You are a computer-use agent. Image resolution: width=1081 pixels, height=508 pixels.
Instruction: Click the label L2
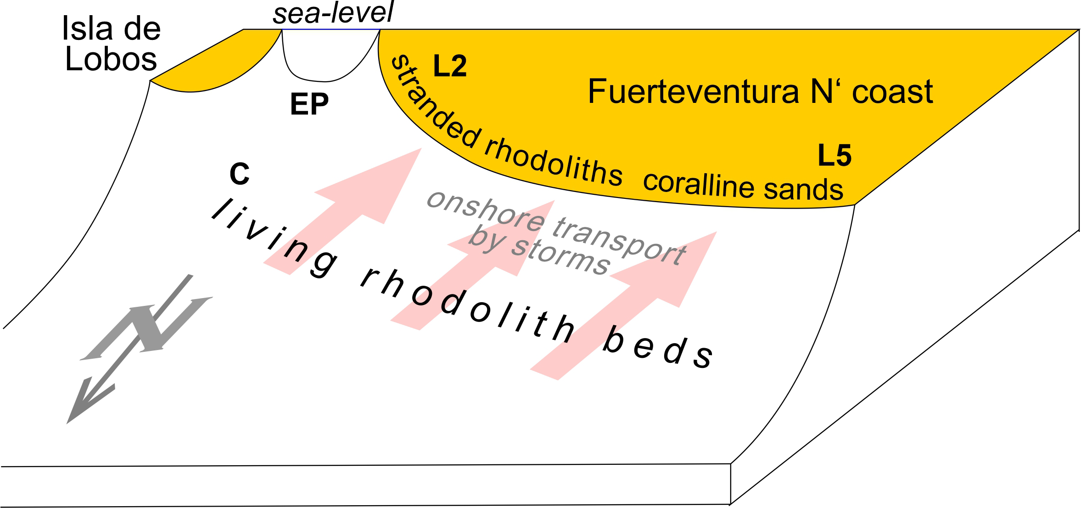pos(450,66)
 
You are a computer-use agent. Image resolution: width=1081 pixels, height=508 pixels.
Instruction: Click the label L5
pos(835,155)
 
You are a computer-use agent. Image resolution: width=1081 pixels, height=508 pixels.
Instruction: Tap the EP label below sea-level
pos(309,104)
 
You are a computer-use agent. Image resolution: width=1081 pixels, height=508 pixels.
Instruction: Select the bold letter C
pos(239,175)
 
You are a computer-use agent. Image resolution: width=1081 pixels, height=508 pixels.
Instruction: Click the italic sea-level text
pos(333,12)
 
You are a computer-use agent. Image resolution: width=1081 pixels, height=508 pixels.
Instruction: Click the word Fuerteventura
pos(693,91)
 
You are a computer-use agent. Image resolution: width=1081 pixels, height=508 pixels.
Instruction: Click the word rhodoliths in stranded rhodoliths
pos(553,163)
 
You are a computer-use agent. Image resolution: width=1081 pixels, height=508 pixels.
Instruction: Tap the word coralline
pos(698,184)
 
